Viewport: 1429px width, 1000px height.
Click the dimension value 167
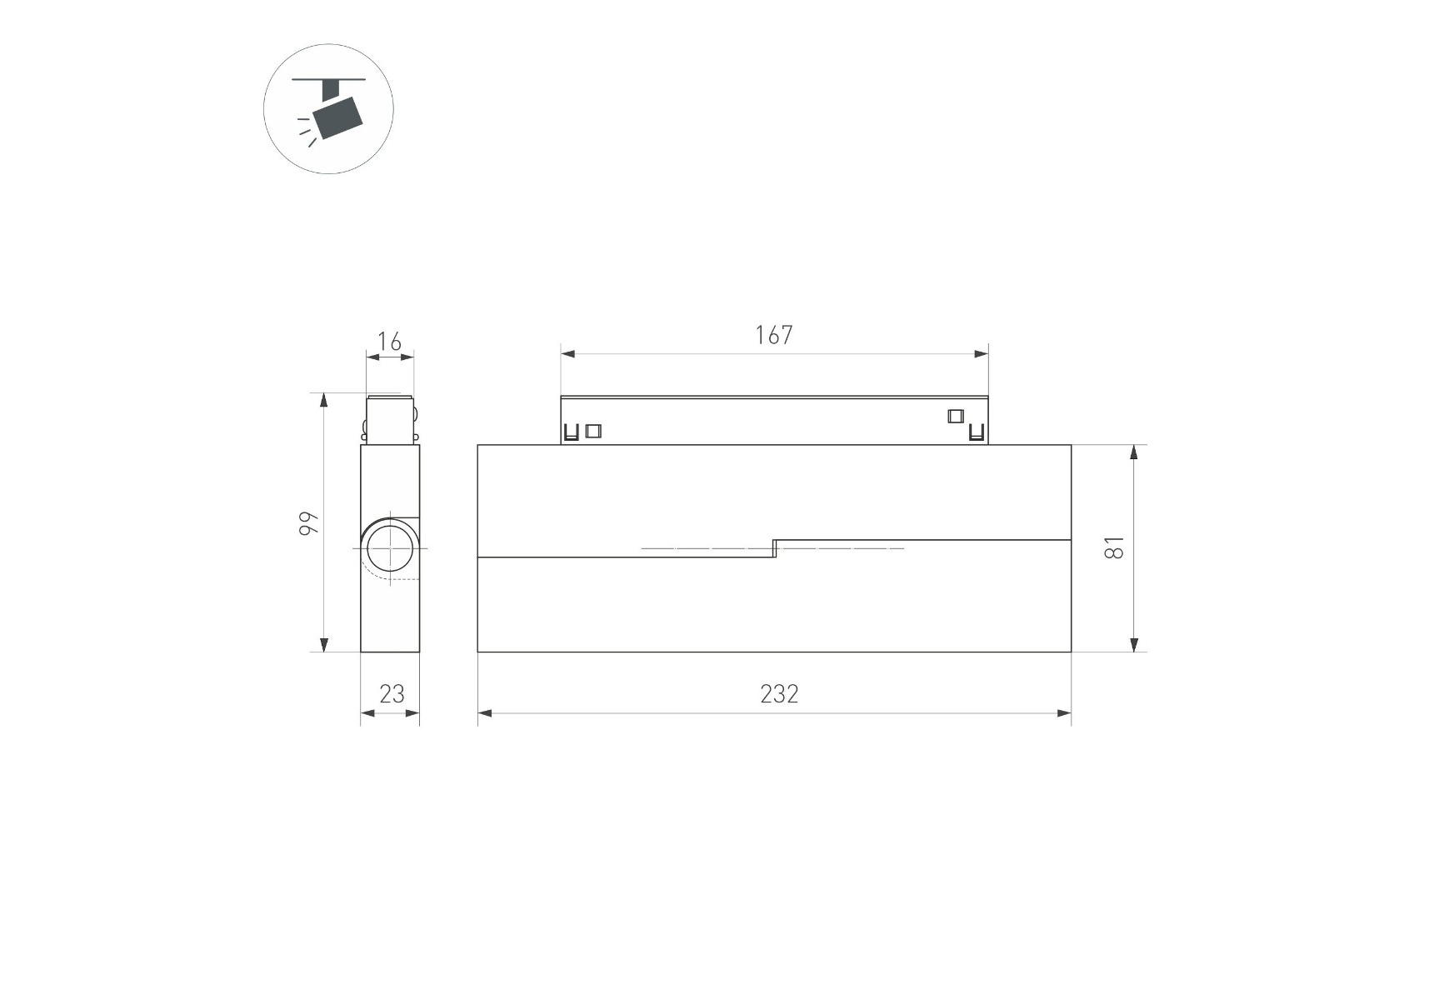[773, 335]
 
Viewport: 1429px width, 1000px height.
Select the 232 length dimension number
[779, 694]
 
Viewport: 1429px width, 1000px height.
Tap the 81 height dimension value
[1114, 547]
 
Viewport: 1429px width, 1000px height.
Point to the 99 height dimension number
[309, 522]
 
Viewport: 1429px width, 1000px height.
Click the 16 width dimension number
[389, 342]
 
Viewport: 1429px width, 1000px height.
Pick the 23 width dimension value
[392, 693]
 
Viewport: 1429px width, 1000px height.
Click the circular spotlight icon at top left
[328, 109]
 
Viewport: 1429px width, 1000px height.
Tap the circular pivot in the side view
[390, 549]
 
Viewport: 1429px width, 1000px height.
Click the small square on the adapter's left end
[593, 431]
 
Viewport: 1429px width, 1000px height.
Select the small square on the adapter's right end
[955, 416]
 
